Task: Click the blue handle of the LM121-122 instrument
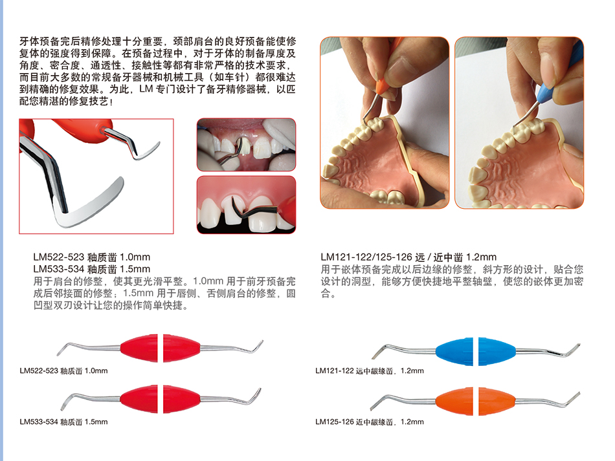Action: [476, 351]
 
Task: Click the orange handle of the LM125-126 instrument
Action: [476, 402]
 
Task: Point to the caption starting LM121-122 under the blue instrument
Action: [370, 370]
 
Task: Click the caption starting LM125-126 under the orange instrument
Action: [370, 422]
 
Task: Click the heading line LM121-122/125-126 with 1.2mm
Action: [408, 257]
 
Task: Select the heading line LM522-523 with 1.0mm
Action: [92, 257]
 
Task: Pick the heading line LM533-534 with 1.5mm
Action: [92, 269]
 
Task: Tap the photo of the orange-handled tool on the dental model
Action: [385, 123]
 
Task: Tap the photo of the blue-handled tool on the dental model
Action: [519, 123]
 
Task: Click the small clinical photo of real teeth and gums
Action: [246, 145]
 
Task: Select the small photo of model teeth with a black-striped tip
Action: [246, 205]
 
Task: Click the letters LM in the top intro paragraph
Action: [146, 89]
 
